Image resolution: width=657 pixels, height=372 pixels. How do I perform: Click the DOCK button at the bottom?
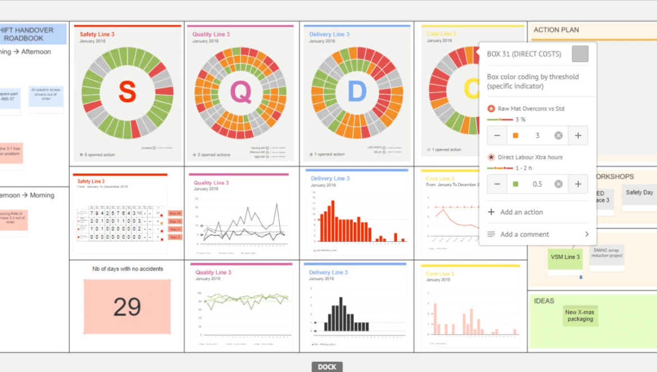click(x=327, y=367)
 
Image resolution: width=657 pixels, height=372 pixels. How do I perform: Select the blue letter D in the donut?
click(x=357, y=92)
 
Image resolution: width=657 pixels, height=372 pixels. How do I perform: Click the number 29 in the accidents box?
click(x=127, y=307)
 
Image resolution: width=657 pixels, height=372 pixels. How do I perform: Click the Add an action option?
click(x=522, y=212)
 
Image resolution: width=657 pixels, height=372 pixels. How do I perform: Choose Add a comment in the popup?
click(x=524, y=234)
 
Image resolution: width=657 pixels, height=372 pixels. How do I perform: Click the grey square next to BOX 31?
click(x=580, y=54)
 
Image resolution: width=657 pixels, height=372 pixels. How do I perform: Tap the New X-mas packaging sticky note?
click(x=580, y=316)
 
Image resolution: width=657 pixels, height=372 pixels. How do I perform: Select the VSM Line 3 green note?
click(x=565, y=258)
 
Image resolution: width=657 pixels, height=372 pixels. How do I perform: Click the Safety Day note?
click(x=639, y=192)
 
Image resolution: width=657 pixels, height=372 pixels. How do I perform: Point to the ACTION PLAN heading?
click(x=556, y=30)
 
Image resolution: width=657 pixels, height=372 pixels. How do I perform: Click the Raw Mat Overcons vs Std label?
click(x=530, y=108)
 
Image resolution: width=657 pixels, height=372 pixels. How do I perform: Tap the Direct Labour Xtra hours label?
click(x=530, y=157)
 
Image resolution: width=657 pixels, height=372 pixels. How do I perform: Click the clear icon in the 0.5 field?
click(x=558, y=184)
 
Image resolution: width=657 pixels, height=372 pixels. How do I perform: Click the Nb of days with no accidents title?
click(x=127, y=269)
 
